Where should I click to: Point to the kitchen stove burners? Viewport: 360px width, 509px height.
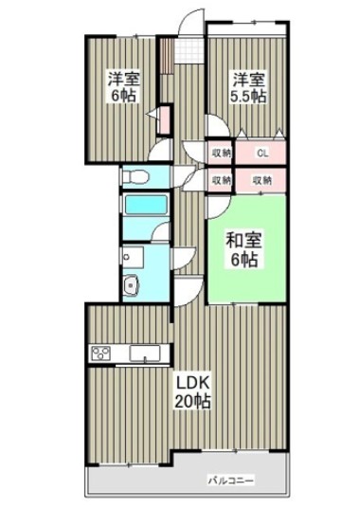(x=101, y=354)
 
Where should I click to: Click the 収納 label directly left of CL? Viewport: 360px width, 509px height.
(x=220, y=151)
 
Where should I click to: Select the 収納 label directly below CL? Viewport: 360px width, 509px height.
(x=262, y=179)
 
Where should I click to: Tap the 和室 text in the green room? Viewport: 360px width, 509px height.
(x=242, y=240)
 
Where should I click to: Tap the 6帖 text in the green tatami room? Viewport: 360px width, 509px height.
(x=242, y=258)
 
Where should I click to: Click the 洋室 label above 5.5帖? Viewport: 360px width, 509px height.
(x=247, y=79)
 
